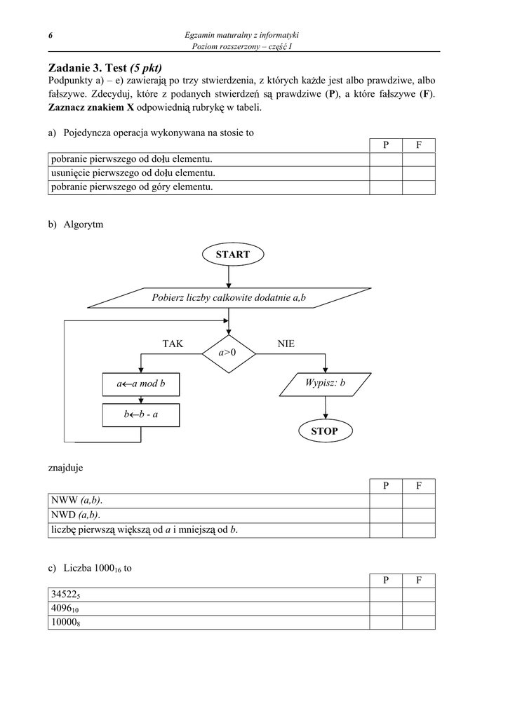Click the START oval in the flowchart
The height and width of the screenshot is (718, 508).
tap(233, 255)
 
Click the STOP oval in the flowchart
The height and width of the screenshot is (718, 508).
tap(325, 431)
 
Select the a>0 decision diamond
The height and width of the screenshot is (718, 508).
tap(229, 353)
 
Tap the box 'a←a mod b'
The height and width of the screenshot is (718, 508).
tap(140, 384)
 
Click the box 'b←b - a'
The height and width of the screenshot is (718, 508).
tap(140, 415)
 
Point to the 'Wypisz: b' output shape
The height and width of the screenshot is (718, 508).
tap(326, 384)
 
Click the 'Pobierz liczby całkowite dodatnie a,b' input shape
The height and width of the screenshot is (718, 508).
tap(229, 297)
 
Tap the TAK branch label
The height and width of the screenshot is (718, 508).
tap(173, 344)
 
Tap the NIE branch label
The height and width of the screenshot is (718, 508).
tap(286, 344)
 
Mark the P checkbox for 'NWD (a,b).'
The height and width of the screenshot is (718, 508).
tap(386, 515)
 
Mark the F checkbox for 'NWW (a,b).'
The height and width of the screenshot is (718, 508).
tap(419, 501)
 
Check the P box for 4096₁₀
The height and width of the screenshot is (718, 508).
tap(386, 609)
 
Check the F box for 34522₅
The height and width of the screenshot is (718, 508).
tap(419, 595)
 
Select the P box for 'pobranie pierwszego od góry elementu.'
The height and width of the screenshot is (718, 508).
tap(386, 187)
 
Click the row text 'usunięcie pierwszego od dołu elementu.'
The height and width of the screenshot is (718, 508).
tap(133, 173)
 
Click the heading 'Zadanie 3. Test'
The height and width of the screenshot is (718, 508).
tap(88, 68)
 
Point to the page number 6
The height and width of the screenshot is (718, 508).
tap(51, 36)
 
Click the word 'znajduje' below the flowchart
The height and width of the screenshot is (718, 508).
tap(65, 468)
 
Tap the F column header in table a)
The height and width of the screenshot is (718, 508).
tap(419, 145)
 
